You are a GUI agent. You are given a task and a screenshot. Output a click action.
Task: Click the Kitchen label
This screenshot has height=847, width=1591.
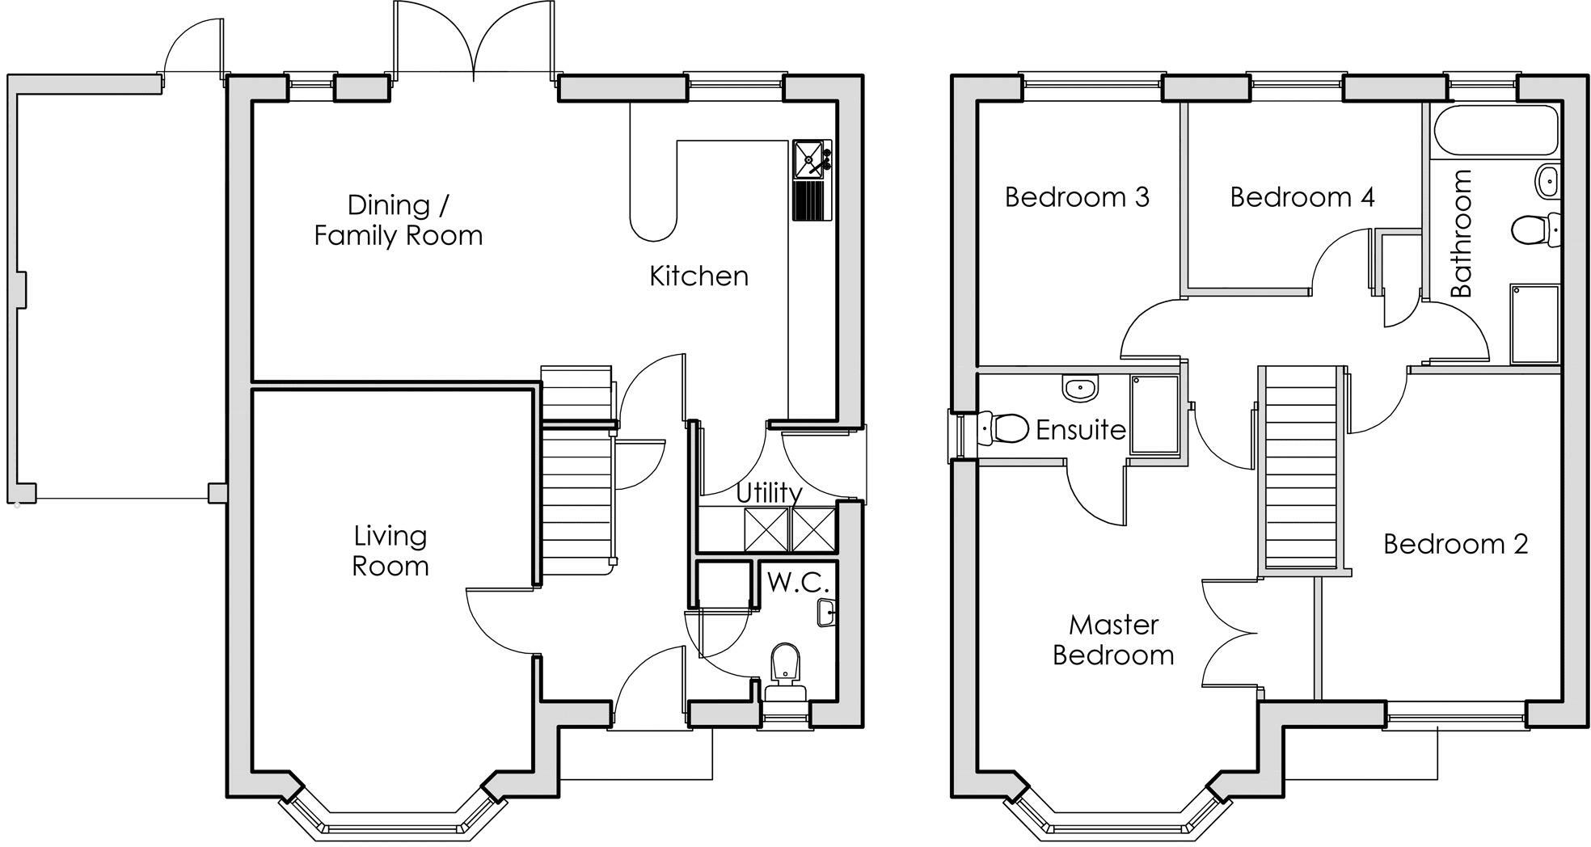pyautogui.click(x=698, y=276)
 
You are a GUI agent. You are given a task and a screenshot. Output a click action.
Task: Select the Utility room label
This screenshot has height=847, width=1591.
pyautogui.click(x=769, y=492)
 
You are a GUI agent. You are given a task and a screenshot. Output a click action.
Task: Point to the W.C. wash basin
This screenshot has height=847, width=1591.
pyautogui.click(x=825, y=612)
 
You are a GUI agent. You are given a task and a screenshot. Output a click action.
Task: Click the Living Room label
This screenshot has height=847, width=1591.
pyautogui.click(x=390, y=550)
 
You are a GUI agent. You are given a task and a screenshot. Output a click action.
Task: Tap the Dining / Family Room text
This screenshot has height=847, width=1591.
pyautogui.click(x=398, y=220)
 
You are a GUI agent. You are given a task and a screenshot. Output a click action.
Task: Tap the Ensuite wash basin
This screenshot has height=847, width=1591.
pyautogui.click(x=1081, y=389)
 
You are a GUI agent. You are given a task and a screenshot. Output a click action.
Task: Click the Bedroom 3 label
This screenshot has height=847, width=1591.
pyautogui.click(x=1076, y=197)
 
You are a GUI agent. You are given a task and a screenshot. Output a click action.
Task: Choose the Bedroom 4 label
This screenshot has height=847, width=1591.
pyautogui.click(x=1302, y=197)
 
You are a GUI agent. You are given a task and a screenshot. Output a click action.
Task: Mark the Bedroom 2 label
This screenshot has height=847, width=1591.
pyautogui.click(x=1455, y=544)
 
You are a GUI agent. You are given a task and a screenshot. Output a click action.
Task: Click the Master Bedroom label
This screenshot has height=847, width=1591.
pyautogui.click(x=1113, y=639)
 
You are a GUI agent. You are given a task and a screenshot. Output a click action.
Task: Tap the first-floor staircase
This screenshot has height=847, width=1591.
pyautogui.click(x=1302, y=469)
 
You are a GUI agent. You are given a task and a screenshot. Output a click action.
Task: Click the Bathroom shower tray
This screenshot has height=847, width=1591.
pyautogui.click(x=1534, y=323)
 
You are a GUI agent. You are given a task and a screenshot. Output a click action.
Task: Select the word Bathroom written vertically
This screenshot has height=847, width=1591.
pyautogui.click(x=1462, y=234)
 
